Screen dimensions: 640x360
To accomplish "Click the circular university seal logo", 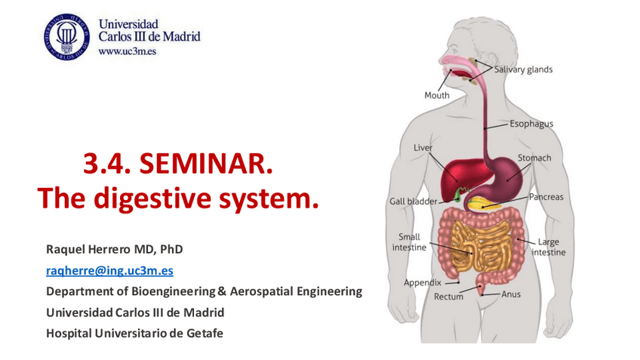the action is pos(67,37).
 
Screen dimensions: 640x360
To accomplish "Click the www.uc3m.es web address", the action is pos(128,51).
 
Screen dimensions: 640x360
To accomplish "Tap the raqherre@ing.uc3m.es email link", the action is pos(109,271).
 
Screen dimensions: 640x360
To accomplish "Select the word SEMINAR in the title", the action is pos(206,163).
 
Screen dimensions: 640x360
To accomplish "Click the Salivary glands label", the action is pos(523,69).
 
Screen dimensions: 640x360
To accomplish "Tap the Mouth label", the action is pos(437,95).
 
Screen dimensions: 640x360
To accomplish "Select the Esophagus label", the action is pos(531,124).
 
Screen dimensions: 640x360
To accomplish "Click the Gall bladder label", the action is pos(413,202).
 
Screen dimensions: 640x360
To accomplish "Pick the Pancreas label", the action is pos(546,197).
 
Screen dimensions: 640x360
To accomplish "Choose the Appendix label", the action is pos(423,282).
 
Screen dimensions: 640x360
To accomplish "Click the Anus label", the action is pos(511,294).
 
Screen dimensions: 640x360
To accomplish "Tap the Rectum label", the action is pos(448,297).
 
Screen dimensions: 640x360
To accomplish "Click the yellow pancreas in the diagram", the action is pos(485,204).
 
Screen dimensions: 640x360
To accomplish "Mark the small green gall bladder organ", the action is pos(458,195).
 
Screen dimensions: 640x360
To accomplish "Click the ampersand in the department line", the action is pos(222,291).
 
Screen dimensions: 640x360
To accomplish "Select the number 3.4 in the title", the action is pos(107,163).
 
